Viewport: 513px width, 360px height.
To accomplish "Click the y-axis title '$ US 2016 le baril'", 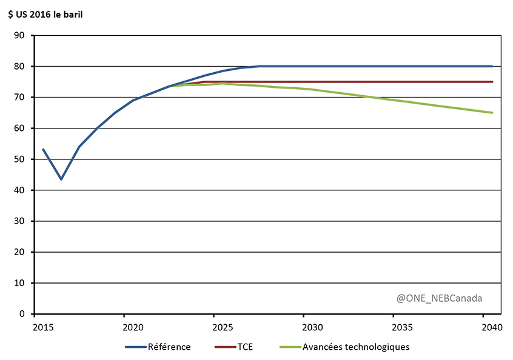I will click(x=45, y=15).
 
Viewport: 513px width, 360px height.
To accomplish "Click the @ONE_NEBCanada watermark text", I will click(x=440, y=298).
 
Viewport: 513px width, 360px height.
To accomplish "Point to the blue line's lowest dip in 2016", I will click(x=61, y=179).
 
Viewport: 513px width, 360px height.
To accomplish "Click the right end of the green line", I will click(x=492, y=113).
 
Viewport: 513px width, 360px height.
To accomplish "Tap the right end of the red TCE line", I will click(x=492, y=82).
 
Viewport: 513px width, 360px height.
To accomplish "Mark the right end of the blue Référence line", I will click(x=492, y=66).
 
